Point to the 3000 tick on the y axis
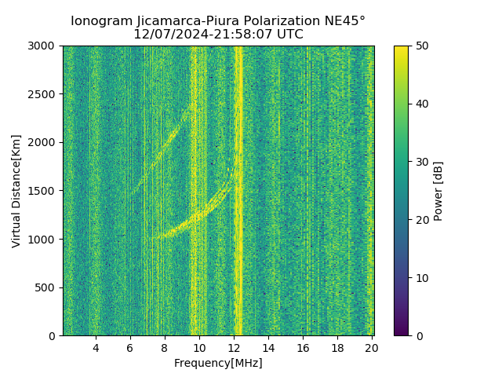pyautogui.click(x=42, y=46)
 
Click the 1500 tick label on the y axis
pyautogui.click(x=42, y=191)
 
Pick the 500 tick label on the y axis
pyautogui.click(x=45, y=287)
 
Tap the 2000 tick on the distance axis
pyautogui.click(x=42, y=143)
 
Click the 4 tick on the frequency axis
pyautogui.click(x=96, y=348)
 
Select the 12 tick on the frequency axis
pyautogui.click(x=234, y=348)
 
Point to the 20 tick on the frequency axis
pyautogui.click(x=372, y=348)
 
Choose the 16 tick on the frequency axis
pyautogui.click(x=303, y=348)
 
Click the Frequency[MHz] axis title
pyautogui.click(x=218, y=363)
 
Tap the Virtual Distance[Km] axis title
pyautogui.click(x=16, y=191)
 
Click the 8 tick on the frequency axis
pyautogui.click(x=165, y=348)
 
